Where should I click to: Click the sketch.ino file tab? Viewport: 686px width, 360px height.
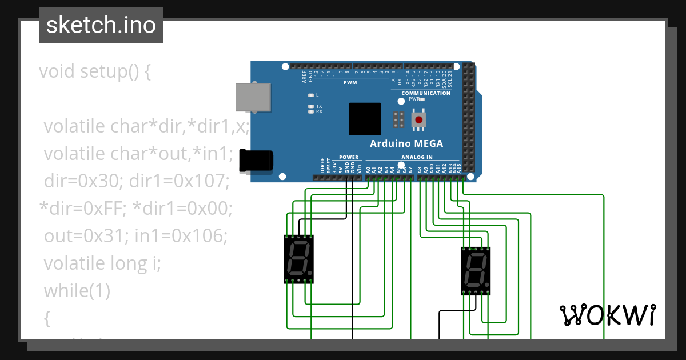coord(101,25)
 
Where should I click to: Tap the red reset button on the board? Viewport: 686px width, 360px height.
coord(419,120)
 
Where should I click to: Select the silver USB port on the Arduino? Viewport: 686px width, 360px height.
coord(253,97)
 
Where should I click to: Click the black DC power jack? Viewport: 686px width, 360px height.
coord(256,161)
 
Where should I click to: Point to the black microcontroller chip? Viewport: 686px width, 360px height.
coord(365,119)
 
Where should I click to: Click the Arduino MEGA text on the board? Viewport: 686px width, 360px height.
coord(406,143)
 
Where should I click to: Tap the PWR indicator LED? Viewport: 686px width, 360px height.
coord(422,99)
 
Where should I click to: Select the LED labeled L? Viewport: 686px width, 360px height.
coord(311,95)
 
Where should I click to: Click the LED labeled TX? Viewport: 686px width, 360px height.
coord(311,106)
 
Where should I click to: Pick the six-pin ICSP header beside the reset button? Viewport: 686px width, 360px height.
coord(398,119)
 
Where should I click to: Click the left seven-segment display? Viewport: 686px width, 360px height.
coord(298,259)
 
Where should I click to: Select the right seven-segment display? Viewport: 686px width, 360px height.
coord(476,271)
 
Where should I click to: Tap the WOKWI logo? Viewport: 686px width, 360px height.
coord(607,315)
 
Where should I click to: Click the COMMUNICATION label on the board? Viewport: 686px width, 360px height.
coord(426,93)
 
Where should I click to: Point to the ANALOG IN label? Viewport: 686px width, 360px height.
coord(417,157)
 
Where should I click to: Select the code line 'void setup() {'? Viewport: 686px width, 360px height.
coord(95,72)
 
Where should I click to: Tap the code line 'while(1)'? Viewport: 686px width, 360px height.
coord(77,291)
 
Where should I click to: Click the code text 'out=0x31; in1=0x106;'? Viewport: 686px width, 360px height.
coord(135,236)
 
